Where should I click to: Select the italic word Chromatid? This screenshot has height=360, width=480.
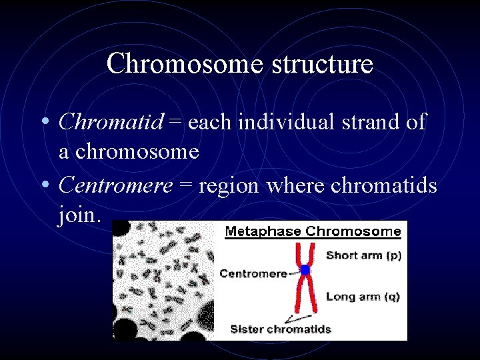[111, 122]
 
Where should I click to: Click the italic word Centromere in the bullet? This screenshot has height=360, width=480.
[116, 185]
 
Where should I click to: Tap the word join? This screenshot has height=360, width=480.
[79, 215]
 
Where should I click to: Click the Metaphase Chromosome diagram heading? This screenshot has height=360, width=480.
[313, 232]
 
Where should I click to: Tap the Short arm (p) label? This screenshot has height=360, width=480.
[363, 255]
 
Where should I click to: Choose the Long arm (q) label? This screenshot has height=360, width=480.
[363, 297]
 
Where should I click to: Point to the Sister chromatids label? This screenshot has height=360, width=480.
[281, 329]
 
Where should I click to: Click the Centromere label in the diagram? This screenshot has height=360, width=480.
[253, 273]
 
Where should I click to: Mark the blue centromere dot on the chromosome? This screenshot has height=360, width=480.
[305, 270]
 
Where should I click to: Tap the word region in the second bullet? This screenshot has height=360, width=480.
[228, 185]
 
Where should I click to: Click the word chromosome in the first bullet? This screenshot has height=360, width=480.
[137, 151]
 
